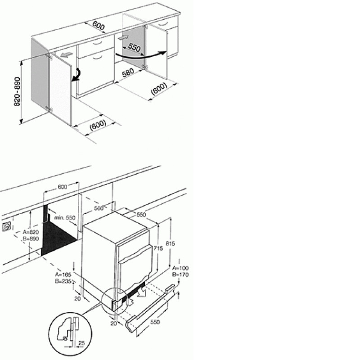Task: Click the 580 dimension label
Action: point(128,73)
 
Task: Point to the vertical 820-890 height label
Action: point(17,92)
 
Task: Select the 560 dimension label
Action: point(99,208)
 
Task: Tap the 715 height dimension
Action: point(158,248)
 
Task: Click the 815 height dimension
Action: point(170,243)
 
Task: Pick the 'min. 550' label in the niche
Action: point(65,217)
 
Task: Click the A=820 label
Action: point(31,232)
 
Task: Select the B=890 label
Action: point(31,239)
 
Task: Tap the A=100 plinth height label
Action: point(181,268)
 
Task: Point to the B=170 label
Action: point(181,274)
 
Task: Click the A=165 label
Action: point(63,274)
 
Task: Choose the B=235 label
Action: point(63,281)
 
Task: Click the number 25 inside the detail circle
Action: point(82,343)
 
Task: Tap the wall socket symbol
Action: point(6,227)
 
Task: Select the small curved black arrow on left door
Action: point(77,75)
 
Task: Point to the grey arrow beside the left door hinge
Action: point(67,55)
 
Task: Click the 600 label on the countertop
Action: point(99,26)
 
